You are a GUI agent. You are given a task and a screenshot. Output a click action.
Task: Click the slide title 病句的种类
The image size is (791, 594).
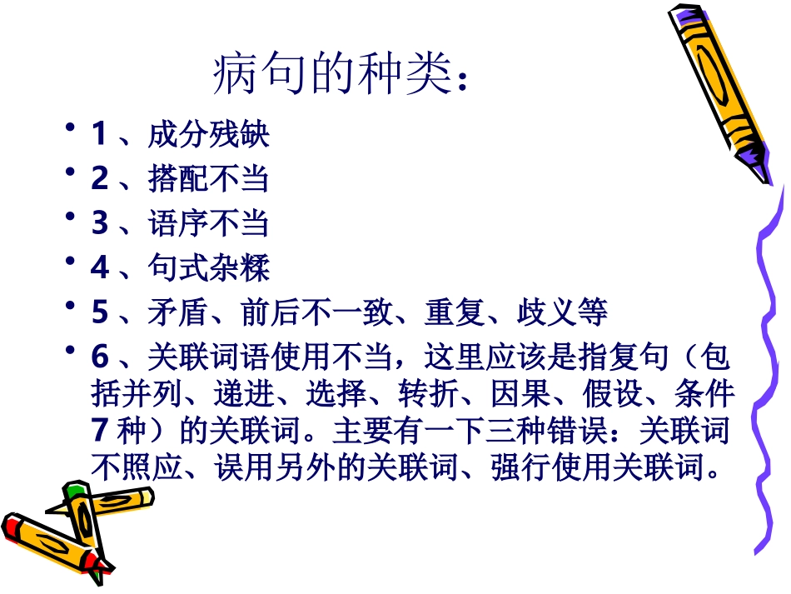pos(338,77)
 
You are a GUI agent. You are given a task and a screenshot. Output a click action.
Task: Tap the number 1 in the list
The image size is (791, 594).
pos(99,134)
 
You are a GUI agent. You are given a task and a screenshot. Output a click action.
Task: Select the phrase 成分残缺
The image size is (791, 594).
pos(209,134)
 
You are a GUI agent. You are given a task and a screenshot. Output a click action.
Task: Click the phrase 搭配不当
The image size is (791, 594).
pos(209,179)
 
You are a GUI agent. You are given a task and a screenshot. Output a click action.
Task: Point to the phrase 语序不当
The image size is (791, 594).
pos(209,223)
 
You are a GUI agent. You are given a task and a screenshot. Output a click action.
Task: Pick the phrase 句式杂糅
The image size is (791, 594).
pos(209,268)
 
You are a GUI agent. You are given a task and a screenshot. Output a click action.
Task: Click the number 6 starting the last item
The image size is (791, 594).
pos(99,357)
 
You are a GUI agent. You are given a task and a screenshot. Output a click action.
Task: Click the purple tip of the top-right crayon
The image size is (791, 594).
pos(754,158)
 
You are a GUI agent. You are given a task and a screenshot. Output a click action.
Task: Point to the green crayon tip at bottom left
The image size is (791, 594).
pos(74,489)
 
